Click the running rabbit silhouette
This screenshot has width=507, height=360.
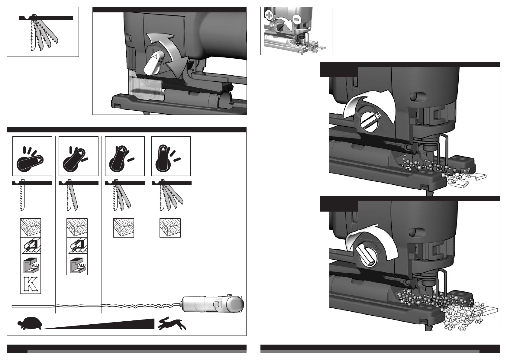tap(172, 323)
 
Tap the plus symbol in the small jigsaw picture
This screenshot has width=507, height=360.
tap(269, 16)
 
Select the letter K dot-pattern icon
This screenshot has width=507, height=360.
tap(31, 284)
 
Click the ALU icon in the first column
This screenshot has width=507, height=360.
tap(31, 266)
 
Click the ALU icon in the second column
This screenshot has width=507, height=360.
tap(77, 266)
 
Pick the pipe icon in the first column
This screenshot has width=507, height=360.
tap(31, 247)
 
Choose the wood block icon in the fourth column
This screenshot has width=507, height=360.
tap(170, 228)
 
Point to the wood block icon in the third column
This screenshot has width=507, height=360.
tap(124, 228)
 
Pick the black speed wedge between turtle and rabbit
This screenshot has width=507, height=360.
tap(100, 324)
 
